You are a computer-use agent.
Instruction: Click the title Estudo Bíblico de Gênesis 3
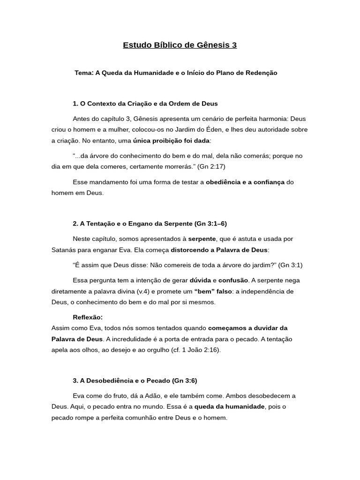(180, 45)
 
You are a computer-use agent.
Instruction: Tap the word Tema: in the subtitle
(84, 73)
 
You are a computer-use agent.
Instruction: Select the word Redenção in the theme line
(261, 73)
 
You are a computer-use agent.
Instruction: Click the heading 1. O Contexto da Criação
(145, 104)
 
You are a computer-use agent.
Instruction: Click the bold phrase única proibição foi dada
(171, 141)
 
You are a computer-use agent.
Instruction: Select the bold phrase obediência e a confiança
(245, 182)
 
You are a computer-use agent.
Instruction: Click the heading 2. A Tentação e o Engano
(150, 224)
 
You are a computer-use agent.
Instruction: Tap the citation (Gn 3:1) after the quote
(290, 265)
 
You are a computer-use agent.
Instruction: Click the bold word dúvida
(200, 280)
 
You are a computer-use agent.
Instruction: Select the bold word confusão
(233, 280)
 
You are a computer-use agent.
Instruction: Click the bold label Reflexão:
(88, 317)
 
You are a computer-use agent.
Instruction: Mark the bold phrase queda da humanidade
(230, 407)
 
